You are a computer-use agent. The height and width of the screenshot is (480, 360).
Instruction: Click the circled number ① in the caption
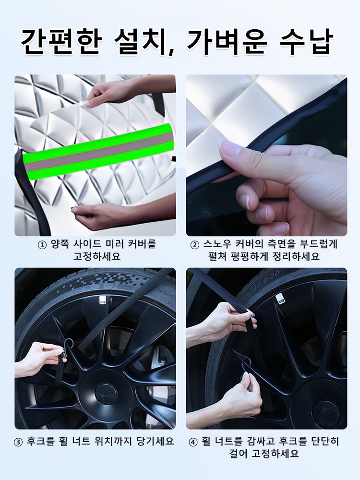[42, 244]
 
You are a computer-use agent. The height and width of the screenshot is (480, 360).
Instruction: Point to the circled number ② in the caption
[194, 244]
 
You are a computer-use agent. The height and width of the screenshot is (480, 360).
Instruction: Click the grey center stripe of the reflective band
[98, 151]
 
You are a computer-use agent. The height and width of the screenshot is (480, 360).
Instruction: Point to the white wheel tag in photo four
[280, 301]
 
